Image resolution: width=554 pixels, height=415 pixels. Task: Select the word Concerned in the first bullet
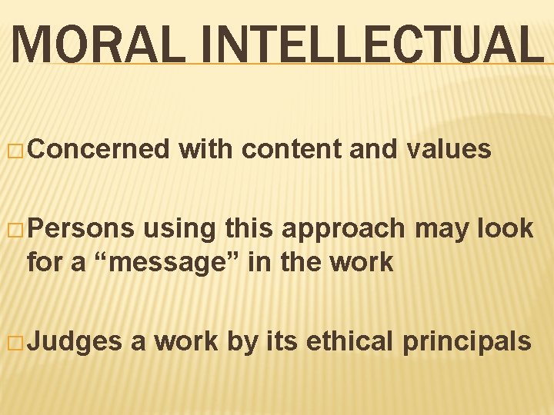pyautogui.click(x=100, y=149)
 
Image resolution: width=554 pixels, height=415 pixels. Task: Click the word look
pyautogui.click(x=505, y=228)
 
